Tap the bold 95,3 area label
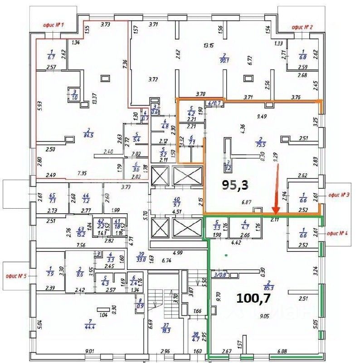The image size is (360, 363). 236,184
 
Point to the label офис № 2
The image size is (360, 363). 303,27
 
